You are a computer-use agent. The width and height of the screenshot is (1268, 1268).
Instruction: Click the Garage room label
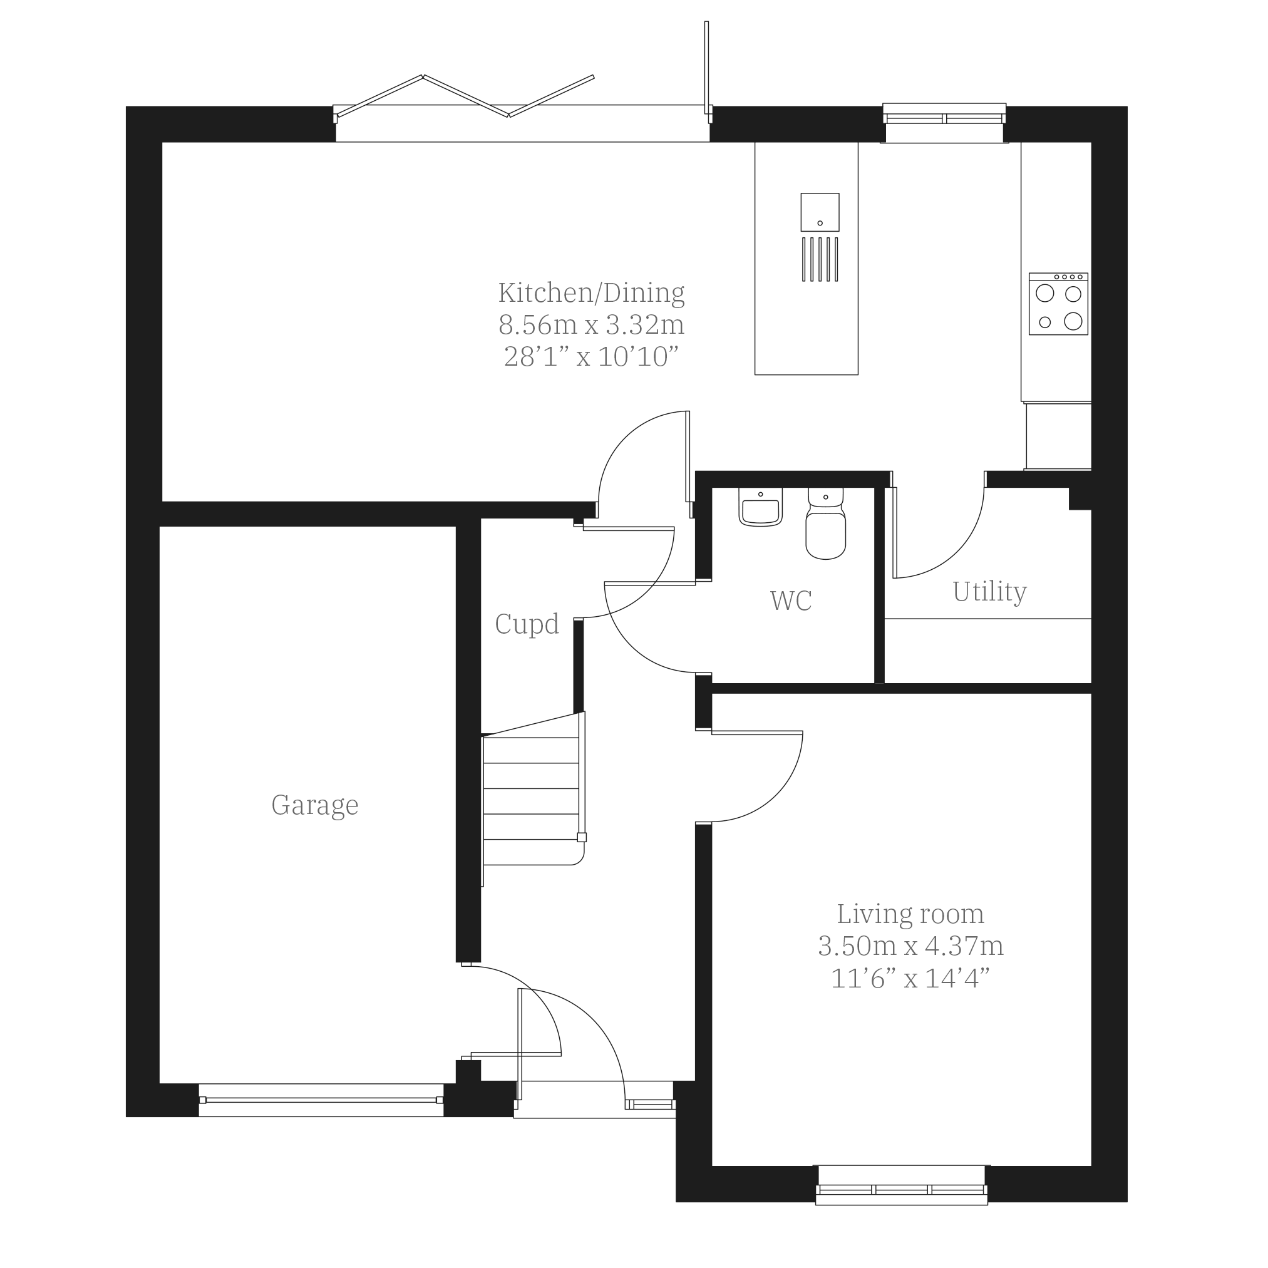315,805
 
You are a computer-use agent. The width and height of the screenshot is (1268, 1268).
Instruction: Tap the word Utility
989,592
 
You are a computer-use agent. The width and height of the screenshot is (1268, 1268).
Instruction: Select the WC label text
791,600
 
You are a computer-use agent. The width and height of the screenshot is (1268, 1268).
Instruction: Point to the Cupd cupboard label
527,624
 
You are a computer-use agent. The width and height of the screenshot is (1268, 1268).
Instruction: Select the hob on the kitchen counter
1058,304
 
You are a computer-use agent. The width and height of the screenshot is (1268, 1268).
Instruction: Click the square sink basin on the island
820,212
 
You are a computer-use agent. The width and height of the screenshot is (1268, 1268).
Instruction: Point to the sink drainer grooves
820,259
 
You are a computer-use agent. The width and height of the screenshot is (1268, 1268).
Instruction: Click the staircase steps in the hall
532,800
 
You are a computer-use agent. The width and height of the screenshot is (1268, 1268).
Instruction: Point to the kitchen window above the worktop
944,123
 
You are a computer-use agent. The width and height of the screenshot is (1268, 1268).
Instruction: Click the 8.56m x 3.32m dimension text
591,325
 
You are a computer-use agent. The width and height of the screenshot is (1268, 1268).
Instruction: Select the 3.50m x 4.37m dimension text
910,946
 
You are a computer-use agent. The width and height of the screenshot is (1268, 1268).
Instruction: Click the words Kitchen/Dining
591,292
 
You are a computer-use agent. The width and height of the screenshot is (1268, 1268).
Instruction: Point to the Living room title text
910,914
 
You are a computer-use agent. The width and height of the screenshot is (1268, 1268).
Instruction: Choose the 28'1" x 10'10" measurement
591,357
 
